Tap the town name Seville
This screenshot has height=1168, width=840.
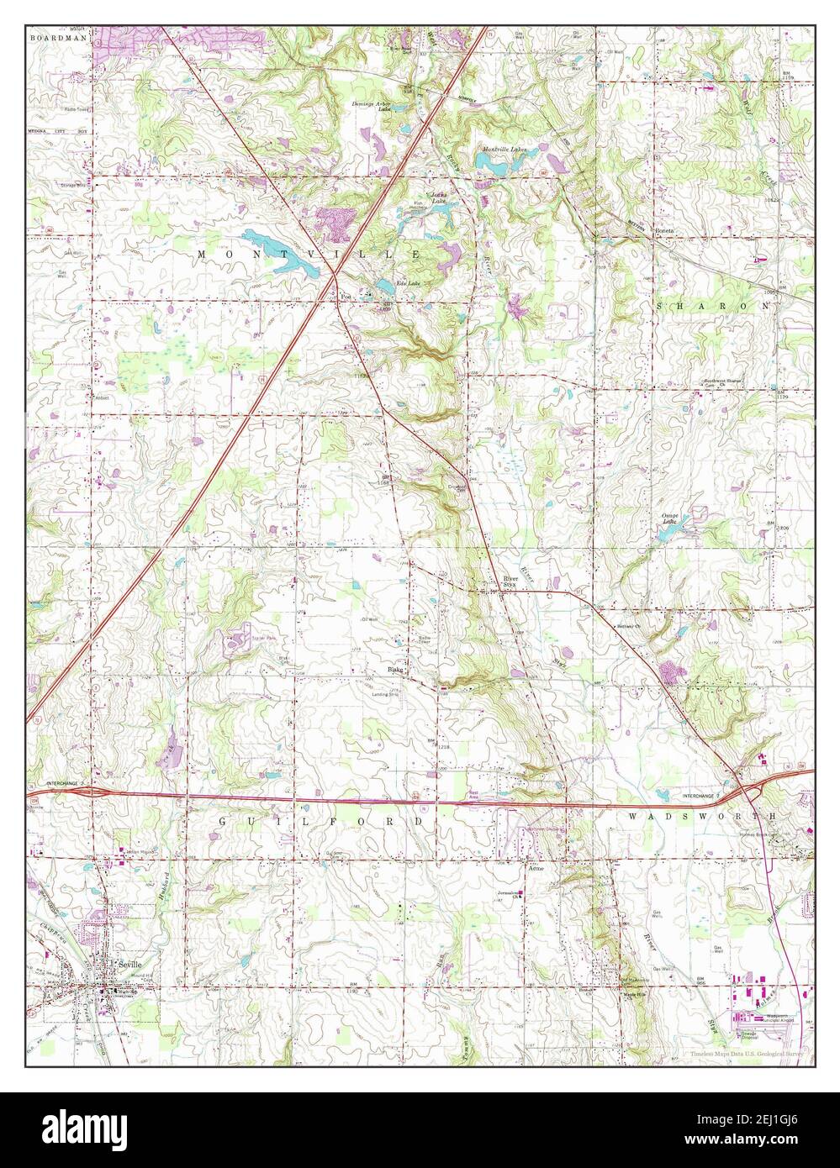tap(131, 965)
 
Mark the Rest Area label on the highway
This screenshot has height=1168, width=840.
tap(473, 794)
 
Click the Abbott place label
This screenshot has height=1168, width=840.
tap(103, 399)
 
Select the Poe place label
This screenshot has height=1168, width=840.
tap(345, 296)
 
